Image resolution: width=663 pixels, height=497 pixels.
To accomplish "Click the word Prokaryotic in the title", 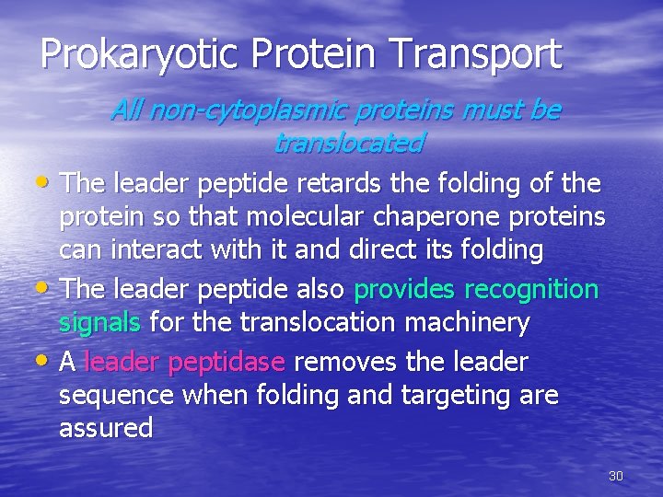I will click(134, 54).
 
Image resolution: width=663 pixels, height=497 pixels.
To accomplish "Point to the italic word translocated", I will click(349, 144).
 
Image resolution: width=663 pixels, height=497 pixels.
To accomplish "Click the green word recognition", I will click(532, 289).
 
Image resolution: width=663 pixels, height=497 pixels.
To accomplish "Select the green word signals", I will click(99, 323).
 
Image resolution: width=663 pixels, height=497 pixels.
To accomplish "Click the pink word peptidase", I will click(227, 363).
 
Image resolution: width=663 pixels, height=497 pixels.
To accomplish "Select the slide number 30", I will click(616, 476).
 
